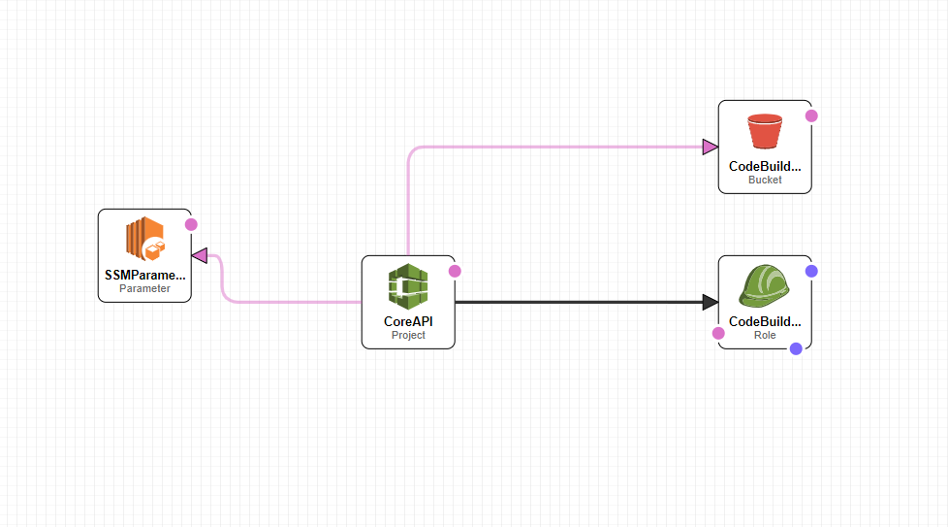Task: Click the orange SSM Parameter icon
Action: coord(144,241)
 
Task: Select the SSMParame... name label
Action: coord(144,275)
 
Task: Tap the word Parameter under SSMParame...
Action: coord(144,288)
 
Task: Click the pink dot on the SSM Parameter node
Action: coord(191,224)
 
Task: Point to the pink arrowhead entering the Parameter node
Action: coord(200,255)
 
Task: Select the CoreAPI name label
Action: coord(408,321)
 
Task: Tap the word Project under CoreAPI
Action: coord(408,335)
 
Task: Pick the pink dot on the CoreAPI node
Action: coord(455,271)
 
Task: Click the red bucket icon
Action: coord(765,132)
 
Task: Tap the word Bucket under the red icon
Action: coord(765,180)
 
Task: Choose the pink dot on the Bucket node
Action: coord(811,115)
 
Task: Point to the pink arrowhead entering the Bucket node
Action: coord(710,147)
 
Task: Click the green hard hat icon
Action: coord(765,287)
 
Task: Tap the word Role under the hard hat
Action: coord(765,335)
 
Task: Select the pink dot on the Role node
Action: coord(718,333)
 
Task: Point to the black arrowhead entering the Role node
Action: coord(710,302)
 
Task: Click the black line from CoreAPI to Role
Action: coord(582,302)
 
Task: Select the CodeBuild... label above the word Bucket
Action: coord(765,166)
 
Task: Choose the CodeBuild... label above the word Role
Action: coord(765,321)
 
